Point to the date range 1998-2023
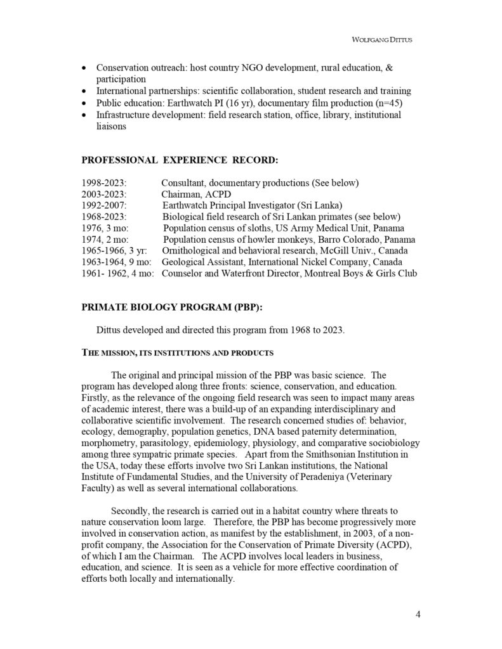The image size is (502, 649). pyautogui.click(x=104, y=183)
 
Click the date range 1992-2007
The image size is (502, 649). pyautogui.click(x=105, y=205)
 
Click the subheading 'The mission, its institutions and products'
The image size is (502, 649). pyautogui.click(x=178, y=352)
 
